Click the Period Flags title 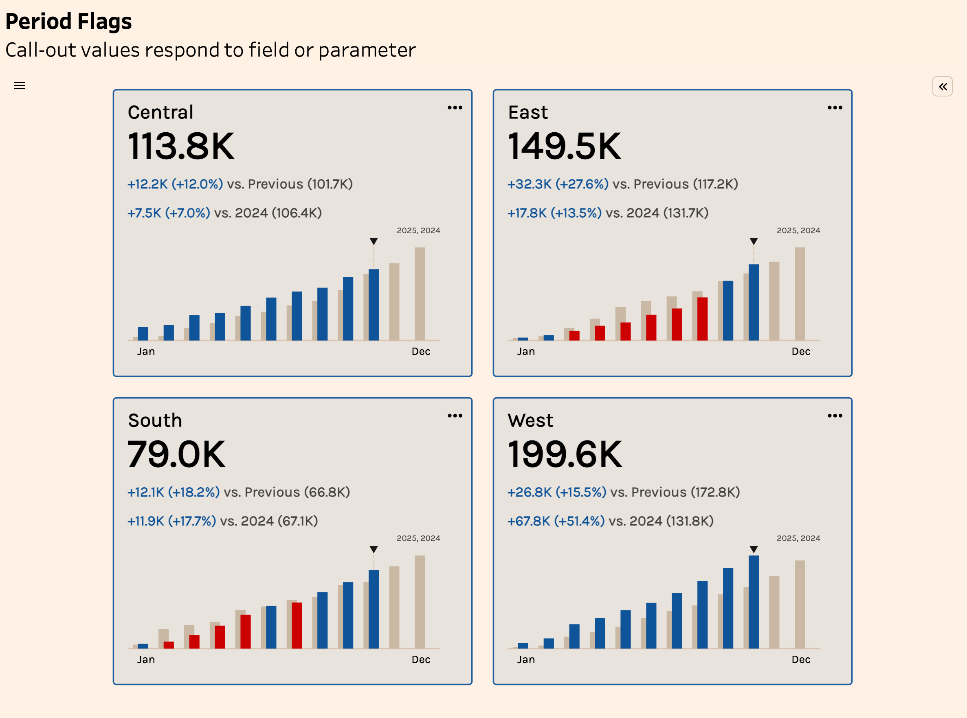coord(68,21)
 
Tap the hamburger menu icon coord(20,85)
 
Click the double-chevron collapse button coord(942,86)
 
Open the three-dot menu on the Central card coord(455,108)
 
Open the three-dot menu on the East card coord(834,108)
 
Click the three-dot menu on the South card coord(455,416)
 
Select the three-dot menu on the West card coord(834,416)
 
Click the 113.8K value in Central coord(181,146)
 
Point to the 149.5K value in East coord(564,146)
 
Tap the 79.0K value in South coord(177,454)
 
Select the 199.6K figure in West coord(565,454)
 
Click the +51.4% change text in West coord(579,521)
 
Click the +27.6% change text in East coord(582,184)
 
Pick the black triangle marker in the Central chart coord(374,241)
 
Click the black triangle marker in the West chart coord(754,549)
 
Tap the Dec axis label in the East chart coord(801,352)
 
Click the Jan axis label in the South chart coord(146,660)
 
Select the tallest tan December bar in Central coord(419,294)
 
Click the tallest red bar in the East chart coord(702,319)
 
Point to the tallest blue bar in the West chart coord(754,602)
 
